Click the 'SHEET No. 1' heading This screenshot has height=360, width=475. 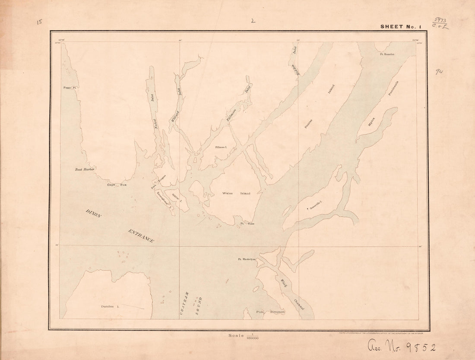400,27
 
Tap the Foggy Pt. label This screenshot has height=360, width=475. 70,88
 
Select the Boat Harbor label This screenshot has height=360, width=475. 85,169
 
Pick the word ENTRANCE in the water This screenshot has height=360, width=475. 141,236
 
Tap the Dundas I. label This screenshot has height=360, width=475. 110,306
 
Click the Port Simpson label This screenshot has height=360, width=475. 270,312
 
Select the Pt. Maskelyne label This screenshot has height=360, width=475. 247,259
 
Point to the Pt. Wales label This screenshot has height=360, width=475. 247,224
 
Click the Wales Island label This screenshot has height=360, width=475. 236,193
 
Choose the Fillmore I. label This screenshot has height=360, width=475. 221,147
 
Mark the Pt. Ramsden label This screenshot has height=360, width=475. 387,54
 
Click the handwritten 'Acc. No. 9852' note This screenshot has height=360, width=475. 402,346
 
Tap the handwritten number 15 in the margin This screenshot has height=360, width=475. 40,22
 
